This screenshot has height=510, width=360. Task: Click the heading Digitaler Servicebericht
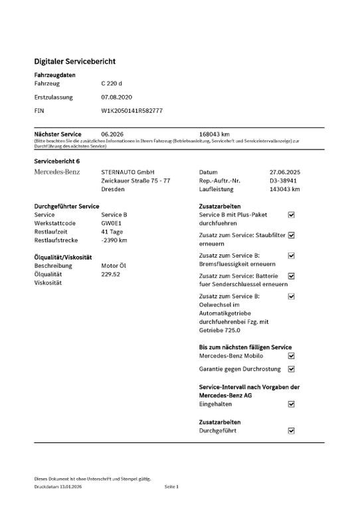[x=75, y=61]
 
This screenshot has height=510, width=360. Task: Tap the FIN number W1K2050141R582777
[x=132, y=110]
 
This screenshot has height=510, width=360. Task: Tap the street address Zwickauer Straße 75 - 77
[x=135, y=181]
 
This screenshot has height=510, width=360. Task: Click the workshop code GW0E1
[x=112, y=223]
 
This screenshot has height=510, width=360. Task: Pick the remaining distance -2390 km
[x=114, y=240]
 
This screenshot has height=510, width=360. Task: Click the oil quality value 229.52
[x=110, y=274]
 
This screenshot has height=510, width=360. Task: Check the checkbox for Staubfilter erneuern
[x=291, y=235]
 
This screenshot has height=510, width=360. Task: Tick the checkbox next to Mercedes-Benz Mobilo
[x=291, y=357]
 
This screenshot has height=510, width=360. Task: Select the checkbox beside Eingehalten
[x=291, y=403]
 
